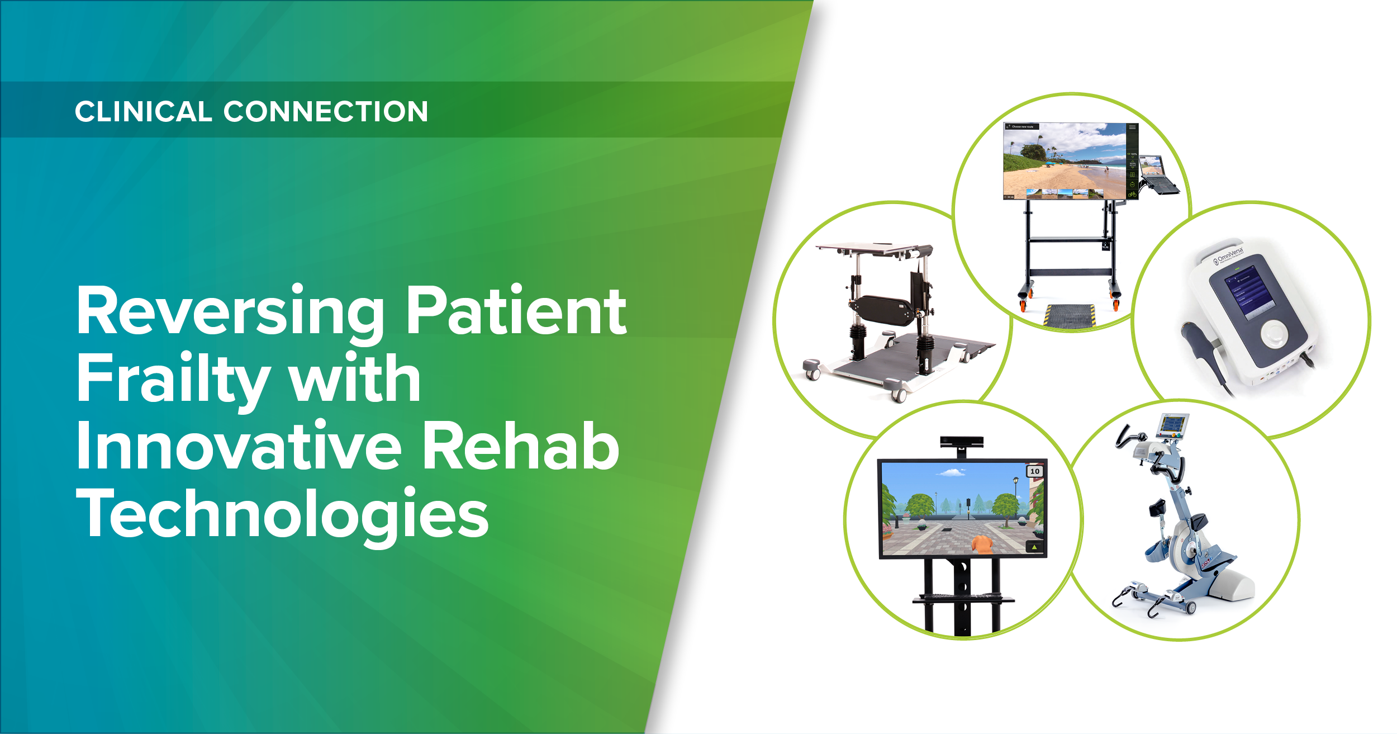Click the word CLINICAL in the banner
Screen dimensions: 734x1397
[x=143, y=111]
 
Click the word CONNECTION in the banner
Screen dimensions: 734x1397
[x=326, y=111]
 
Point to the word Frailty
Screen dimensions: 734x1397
[x=173, y=380]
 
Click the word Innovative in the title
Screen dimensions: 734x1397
[x=239, y=447]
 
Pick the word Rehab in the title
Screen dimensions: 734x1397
[x=520, y=447]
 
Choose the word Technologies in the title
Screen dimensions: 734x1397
[x=282, y=514]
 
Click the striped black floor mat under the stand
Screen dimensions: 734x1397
[x=1071, y=316]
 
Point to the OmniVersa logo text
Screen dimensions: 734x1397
[x=1229, y=255]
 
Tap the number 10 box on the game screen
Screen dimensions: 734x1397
[x=1034, y=471]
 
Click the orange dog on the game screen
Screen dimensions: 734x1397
[x=981, y=543]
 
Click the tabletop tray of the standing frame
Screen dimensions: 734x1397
[x=872, y=248]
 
